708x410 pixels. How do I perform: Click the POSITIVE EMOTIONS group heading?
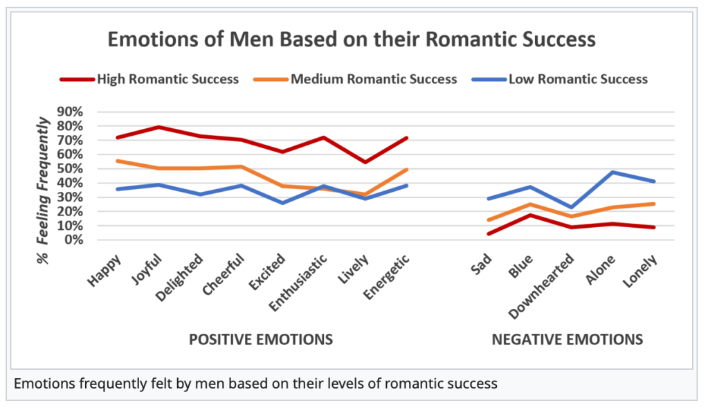click(261, 339)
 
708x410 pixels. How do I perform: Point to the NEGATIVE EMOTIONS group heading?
click(567, 339)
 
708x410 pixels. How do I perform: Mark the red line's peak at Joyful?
click(159, 127)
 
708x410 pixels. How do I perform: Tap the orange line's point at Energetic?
click(407, 169)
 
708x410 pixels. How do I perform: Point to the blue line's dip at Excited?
click(283, 203)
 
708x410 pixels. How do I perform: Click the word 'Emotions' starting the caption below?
click(41, 383)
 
